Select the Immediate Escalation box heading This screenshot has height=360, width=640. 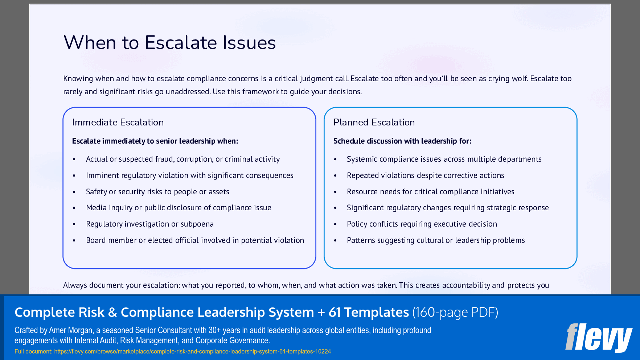118,123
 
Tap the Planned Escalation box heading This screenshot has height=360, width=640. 374,123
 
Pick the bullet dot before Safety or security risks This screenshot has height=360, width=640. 74,192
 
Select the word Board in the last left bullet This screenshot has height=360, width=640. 96,240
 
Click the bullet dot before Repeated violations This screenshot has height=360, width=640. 336,176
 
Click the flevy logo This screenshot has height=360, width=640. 599,337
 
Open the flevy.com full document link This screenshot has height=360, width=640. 192,351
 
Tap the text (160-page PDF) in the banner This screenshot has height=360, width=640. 455,313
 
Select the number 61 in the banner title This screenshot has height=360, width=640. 335,313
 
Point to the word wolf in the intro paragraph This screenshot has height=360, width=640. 519,79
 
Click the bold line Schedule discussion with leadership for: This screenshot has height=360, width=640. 402,141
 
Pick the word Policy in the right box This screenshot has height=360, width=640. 357,224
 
